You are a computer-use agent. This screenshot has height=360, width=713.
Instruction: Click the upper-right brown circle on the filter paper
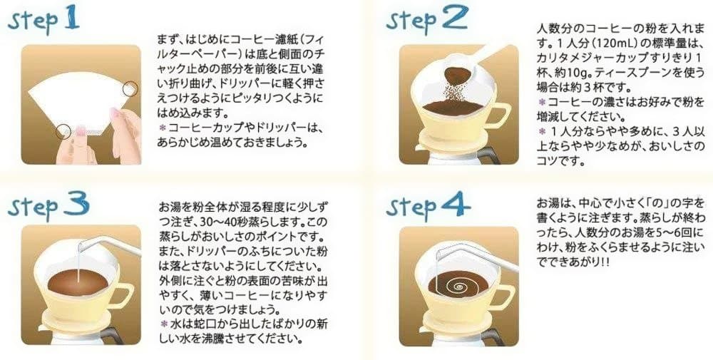point(130,88)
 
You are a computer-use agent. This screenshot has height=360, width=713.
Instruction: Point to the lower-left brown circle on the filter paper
point(63,133)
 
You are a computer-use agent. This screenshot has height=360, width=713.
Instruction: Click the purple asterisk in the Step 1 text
point(163,128)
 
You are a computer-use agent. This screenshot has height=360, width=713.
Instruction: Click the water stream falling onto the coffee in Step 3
point(78,264)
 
